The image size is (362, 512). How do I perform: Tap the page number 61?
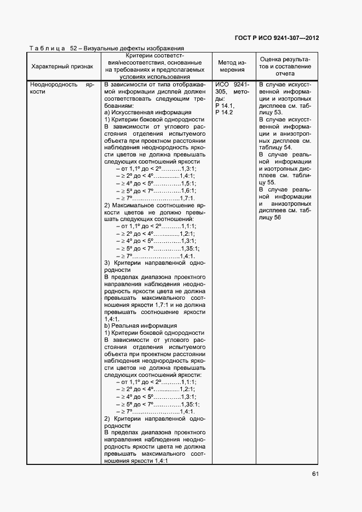click(315, 474)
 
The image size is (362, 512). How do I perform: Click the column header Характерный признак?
click(62, 66)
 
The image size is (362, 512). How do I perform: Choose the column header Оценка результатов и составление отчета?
click(285, 66)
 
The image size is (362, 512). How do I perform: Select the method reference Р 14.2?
click(224, 112)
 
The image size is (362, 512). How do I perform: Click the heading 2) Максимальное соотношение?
click(153, 205)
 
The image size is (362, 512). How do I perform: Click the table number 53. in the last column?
click(273, 112)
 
